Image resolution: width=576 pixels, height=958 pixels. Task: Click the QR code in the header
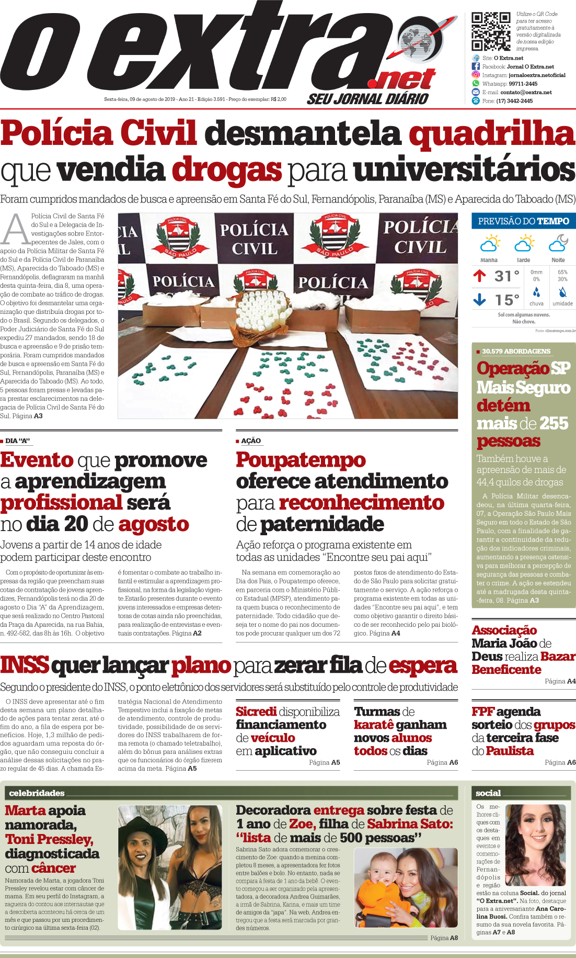491,31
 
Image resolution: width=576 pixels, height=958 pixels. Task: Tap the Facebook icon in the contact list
476,66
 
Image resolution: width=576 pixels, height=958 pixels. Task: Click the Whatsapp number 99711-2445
523,84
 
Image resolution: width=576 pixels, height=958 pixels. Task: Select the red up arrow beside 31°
479,276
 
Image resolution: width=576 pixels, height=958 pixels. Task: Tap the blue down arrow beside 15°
479,299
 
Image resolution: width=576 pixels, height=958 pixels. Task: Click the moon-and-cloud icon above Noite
558,243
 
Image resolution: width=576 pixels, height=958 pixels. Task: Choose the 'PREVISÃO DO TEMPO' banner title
523,221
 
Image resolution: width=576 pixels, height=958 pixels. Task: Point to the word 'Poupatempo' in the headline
301,460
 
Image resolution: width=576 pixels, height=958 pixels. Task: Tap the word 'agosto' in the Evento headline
154,524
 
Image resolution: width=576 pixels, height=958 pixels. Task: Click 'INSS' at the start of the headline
25,665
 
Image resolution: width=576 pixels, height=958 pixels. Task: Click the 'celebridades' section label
37,793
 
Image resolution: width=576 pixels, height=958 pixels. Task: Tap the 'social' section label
488,793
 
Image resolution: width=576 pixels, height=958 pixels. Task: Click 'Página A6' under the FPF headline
560,762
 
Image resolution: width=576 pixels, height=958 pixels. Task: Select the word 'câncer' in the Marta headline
53,868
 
